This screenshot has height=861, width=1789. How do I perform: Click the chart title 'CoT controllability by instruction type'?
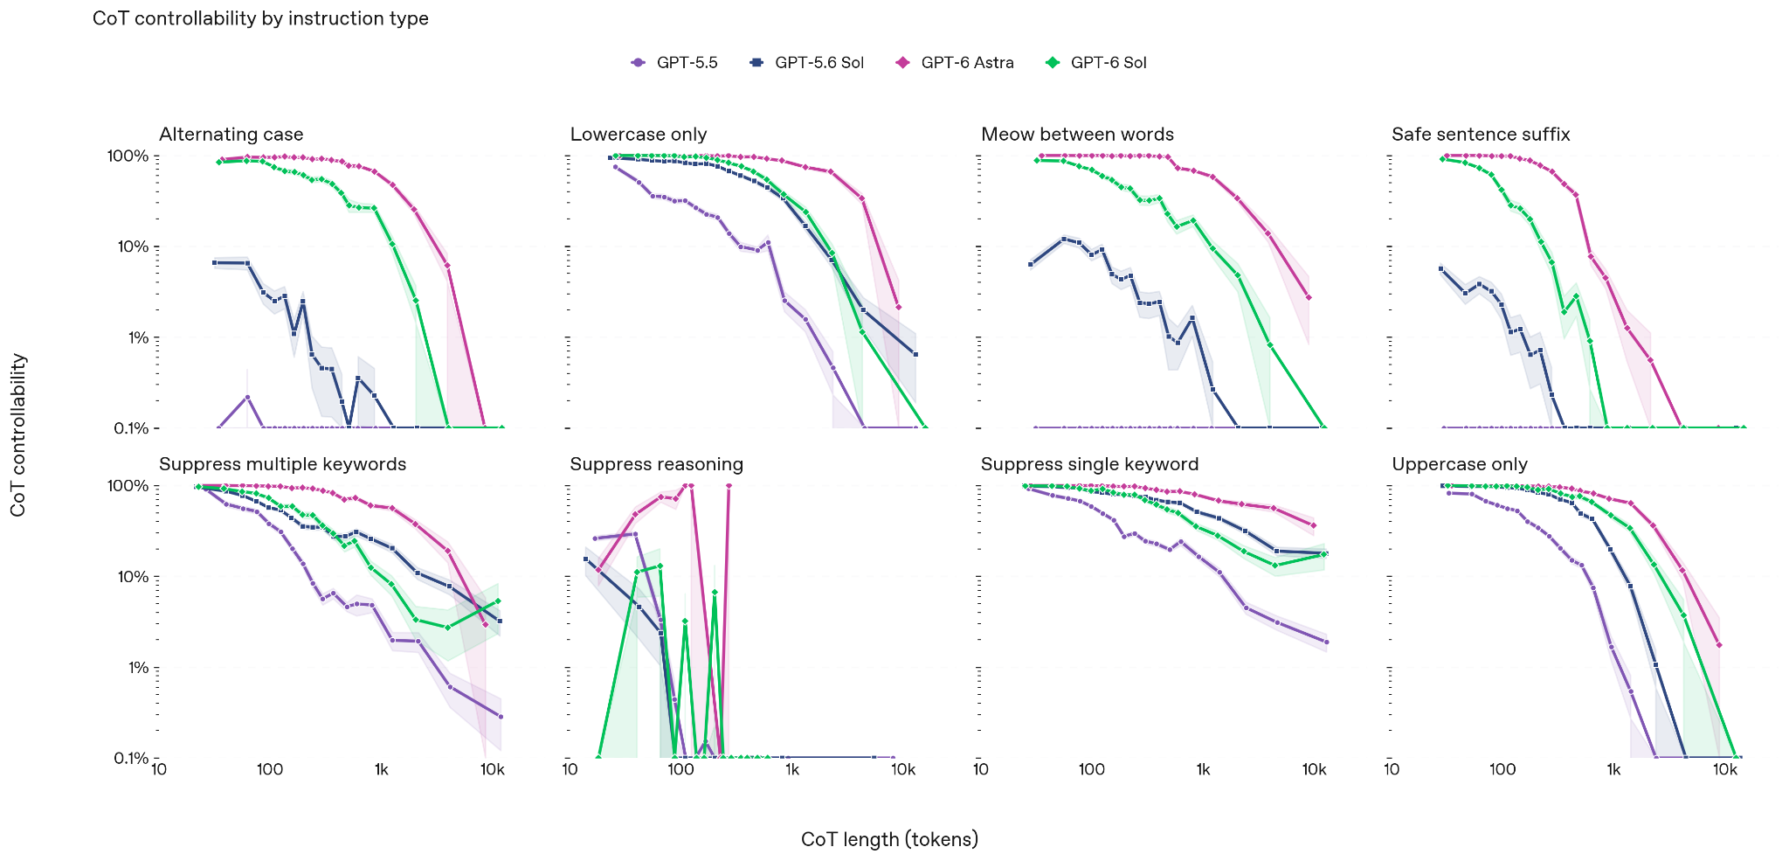pos(260,18)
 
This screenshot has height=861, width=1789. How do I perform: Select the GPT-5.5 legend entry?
pos(673,62)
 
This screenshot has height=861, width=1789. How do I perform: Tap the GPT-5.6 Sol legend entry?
pos(806,62)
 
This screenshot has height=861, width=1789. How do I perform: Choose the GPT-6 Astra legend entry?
pos(955,62)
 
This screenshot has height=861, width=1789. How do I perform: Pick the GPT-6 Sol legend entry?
pos(1095,62)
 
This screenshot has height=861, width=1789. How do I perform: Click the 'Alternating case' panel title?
pos(231,135)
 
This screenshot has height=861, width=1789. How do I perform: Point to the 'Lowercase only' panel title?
pos(639,135)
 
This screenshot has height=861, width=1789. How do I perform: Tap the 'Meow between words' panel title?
pos(1077,135)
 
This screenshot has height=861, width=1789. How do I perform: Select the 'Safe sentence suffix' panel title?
pos(1481,135)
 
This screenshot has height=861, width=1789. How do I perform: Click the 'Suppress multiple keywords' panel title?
pos(283,464)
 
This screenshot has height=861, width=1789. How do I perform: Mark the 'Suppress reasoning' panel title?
pos(657,464)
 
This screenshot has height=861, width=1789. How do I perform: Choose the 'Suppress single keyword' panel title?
pos(1089,464)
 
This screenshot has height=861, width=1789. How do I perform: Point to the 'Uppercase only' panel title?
pos(1460,464)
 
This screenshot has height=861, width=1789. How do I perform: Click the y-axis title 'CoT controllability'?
pos(18,435)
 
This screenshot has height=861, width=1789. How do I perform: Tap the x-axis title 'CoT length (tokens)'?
pos(889,839)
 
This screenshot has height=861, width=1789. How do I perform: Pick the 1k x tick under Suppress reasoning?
pos(792,770)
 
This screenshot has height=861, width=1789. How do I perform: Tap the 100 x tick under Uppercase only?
pos(1502,770)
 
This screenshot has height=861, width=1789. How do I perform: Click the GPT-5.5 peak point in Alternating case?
pos(247,397)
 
